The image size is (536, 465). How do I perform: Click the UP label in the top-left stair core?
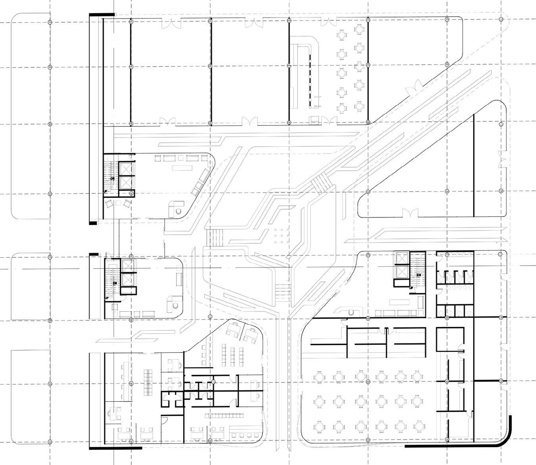click(x=105, y=191)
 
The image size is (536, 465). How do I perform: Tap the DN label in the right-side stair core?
click(x=419, y=275)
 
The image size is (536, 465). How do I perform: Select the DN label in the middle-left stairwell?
click(x=115, y=283)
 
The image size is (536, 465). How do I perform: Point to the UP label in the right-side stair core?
click(x=411, y=287)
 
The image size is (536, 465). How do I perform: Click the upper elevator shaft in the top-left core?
click(x=127, y=168)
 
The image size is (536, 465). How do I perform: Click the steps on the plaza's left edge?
click(x=217, y=237)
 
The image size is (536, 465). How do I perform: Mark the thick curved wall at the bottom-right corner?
click(x=504, y=436)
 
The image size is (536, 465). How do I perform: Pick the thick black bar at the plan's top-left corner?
click(x=102, y=15)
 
